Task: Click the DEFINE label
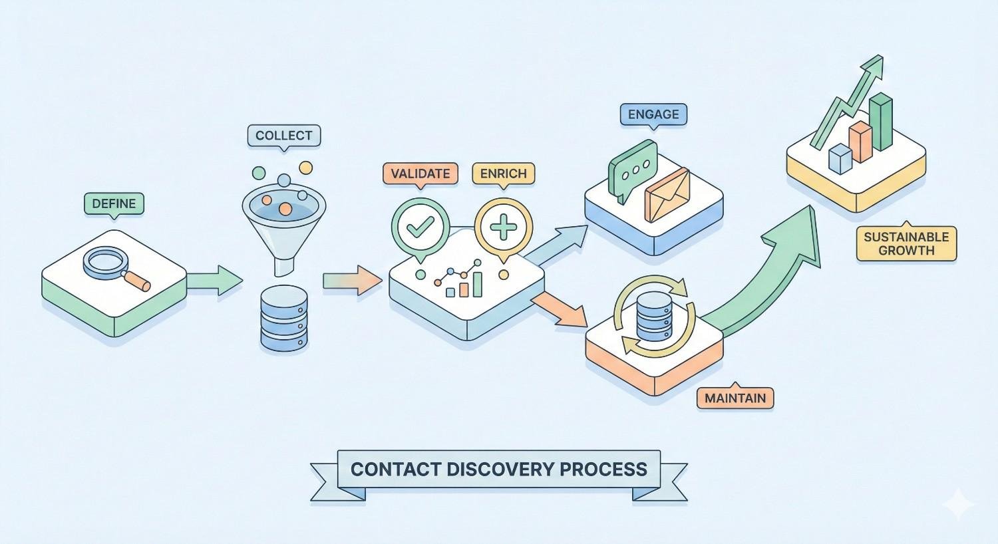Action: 114,204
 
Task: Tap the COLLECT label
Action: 283,136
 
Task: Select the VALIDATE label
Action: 420,174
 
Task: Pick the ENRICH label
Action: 503,174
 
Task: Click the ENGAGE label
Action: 653,114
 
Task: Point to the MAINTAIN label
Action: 735,398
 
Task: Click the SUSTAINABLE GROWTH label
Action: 906,243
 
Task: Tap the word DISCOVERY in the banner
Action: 498,469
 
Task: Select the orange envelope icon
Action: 667,194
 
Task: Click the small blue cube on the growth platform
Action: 840,159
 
